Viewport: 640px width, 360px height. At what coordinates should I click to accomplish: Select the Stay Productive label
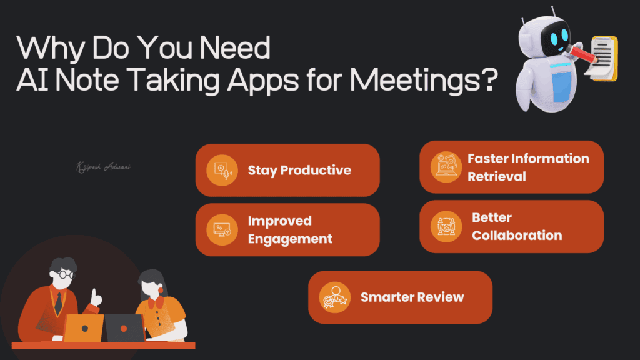click(x=299, y=170)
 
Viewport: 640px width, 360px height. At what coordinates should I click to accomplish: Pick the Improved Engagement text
click(x=289, y=229)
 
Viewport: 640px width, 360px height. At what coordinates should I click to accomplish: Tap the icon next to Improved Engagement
click(x=222, y=229)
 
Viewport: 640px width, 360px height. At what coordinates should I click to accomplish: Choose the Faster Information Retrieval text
click(x=527, y=167)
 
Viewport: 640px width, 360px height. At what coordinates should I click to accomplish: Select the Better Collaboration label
click(x=516, y=226)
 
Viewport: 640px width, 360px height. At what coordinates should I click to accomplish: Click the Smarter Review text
click(x=412, y=297)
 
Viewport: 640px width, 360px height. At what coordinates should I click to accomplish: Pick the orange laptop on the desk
click(x=84, y=327)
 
